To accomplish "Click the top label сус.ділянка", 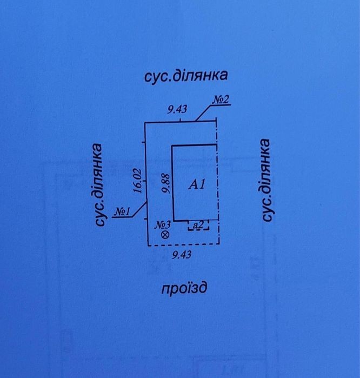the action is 186,76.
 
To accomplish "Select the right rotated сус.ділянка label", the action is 266,180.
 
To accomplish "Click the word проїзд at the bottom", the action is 184,288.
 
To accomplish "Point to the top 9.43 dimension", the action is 177,110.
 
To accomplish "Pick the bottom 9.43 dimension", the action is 182,255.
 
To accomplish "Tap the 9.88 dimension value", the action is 166,184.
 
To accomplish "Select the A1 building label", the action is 197,185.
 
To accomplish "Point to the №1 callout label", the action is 122,212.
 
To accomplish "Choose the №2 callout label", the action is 221,100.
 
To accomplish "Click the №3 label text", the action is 162,225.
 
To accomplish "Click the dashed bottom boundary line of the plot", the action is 184,245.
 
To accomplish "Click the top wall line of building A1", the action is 194,145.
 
